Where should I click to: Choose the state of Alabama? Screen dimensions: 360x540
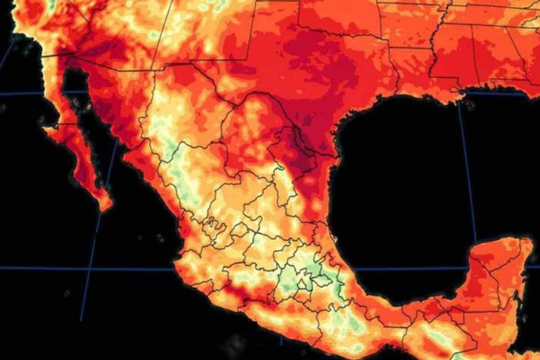tap(490, 49)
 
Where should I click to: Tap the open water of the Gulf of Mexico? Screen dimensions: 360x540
tap(405, 180)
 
